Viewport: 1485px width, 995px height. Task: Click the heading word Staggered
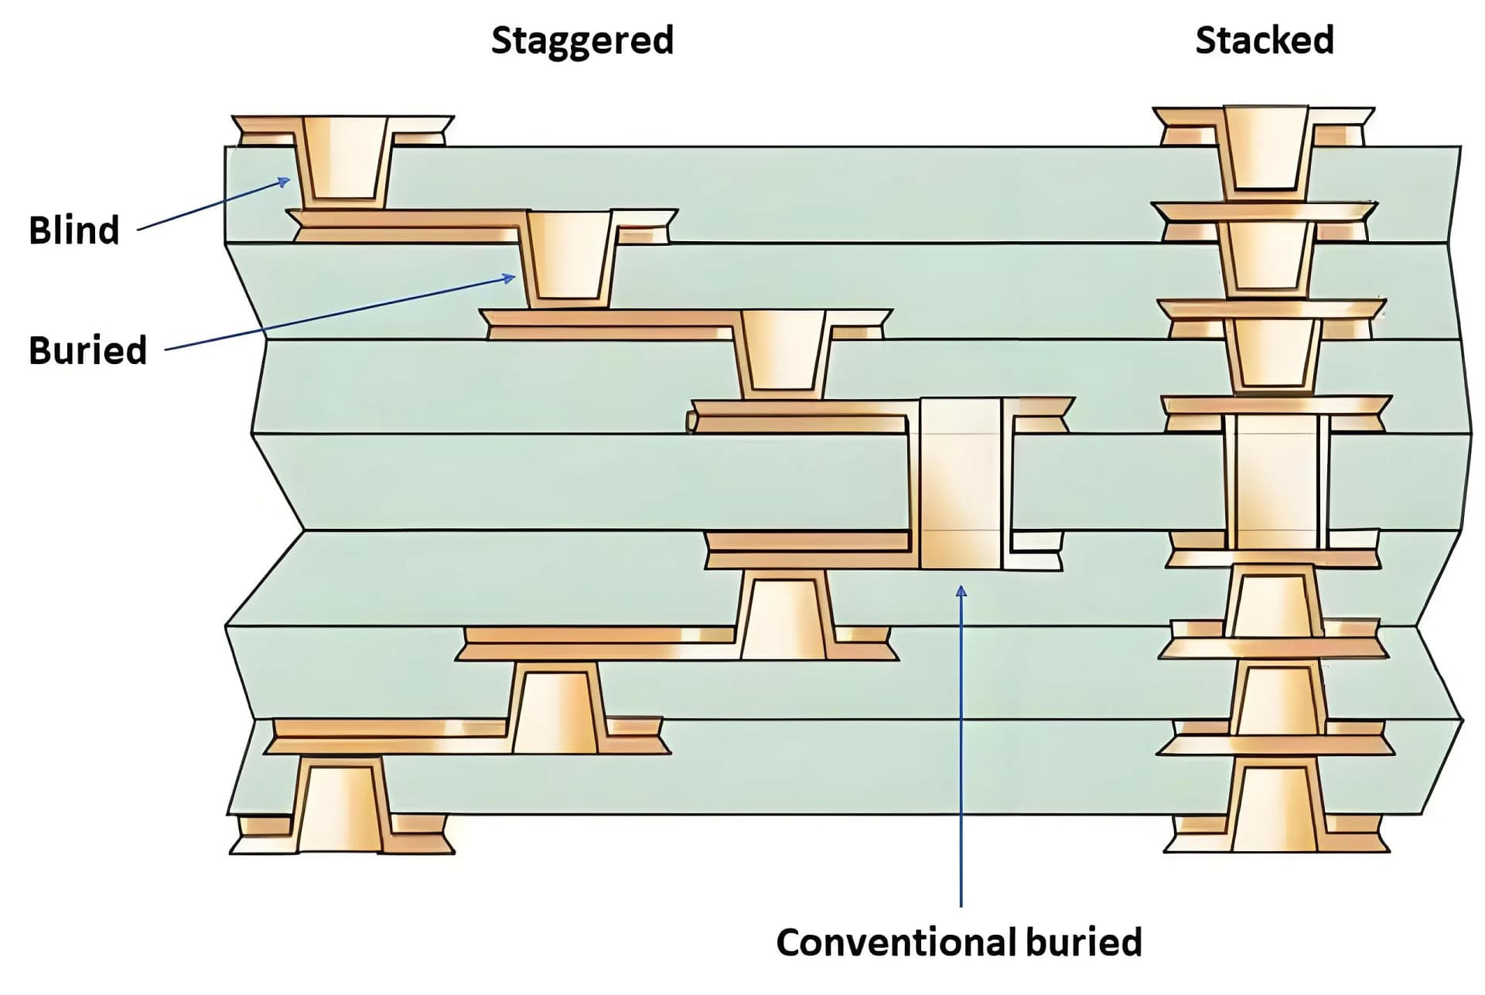coord(582,40)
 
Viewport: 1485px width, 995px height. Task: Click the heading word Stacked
coord(1264,40)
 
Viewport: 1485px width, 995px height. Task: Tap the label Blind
coord(74,230)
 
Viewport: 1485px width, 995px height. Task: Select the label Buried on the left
coord(87,350)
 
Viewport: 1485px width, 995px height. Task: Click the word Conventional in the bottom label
coord(895,942)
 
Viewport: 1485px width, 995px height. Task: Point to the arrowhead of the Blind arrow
coord(285,181)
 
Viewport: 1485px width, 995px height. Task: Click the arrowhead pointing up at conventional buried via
coord(961,591)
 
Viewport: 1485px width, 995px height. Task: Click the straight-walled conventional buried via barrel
coord(960,484)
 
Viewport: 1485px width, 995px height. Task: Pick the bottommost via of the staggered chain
coord(340,808)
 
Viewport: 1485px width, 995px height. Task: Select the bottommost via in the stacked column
coord(1274,808)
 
